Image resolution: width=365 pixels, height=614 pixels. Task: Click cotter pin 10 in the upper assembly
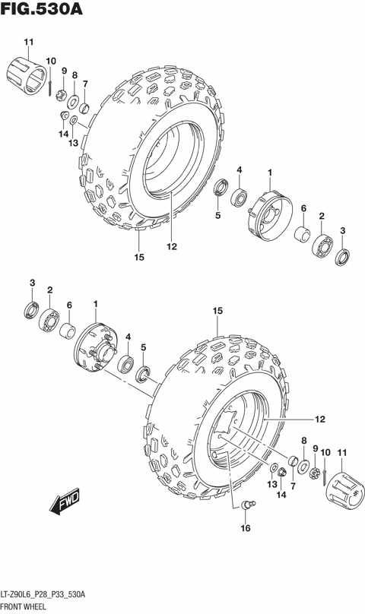[x=50, y=86]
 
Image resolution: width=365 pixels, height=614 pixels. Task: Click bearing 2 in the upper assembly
[x=322, y=244]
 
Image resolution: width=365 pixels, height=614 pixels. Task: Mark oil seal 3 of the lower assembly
[x=32, y=309]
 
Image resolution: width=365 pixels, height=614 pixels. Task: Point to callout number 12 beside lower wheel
[x=320, y=418]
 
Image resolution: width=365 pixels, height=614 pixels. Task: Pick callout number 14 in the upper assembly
[x=64, y=134]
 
